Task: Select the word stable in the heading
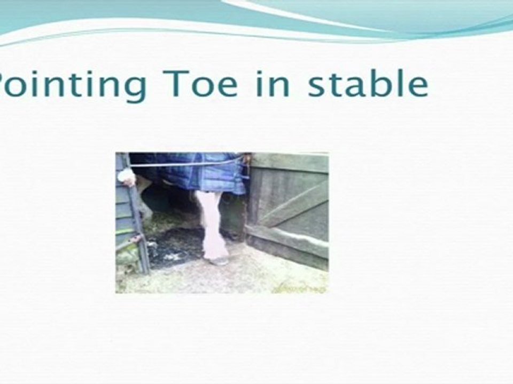(x=368, y=84)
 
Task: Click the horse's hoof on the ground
(x=218, y=260)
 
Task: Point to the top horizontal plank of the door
(x=291, y=162)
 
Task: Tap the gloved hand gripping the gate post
(x=127, y=177)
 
